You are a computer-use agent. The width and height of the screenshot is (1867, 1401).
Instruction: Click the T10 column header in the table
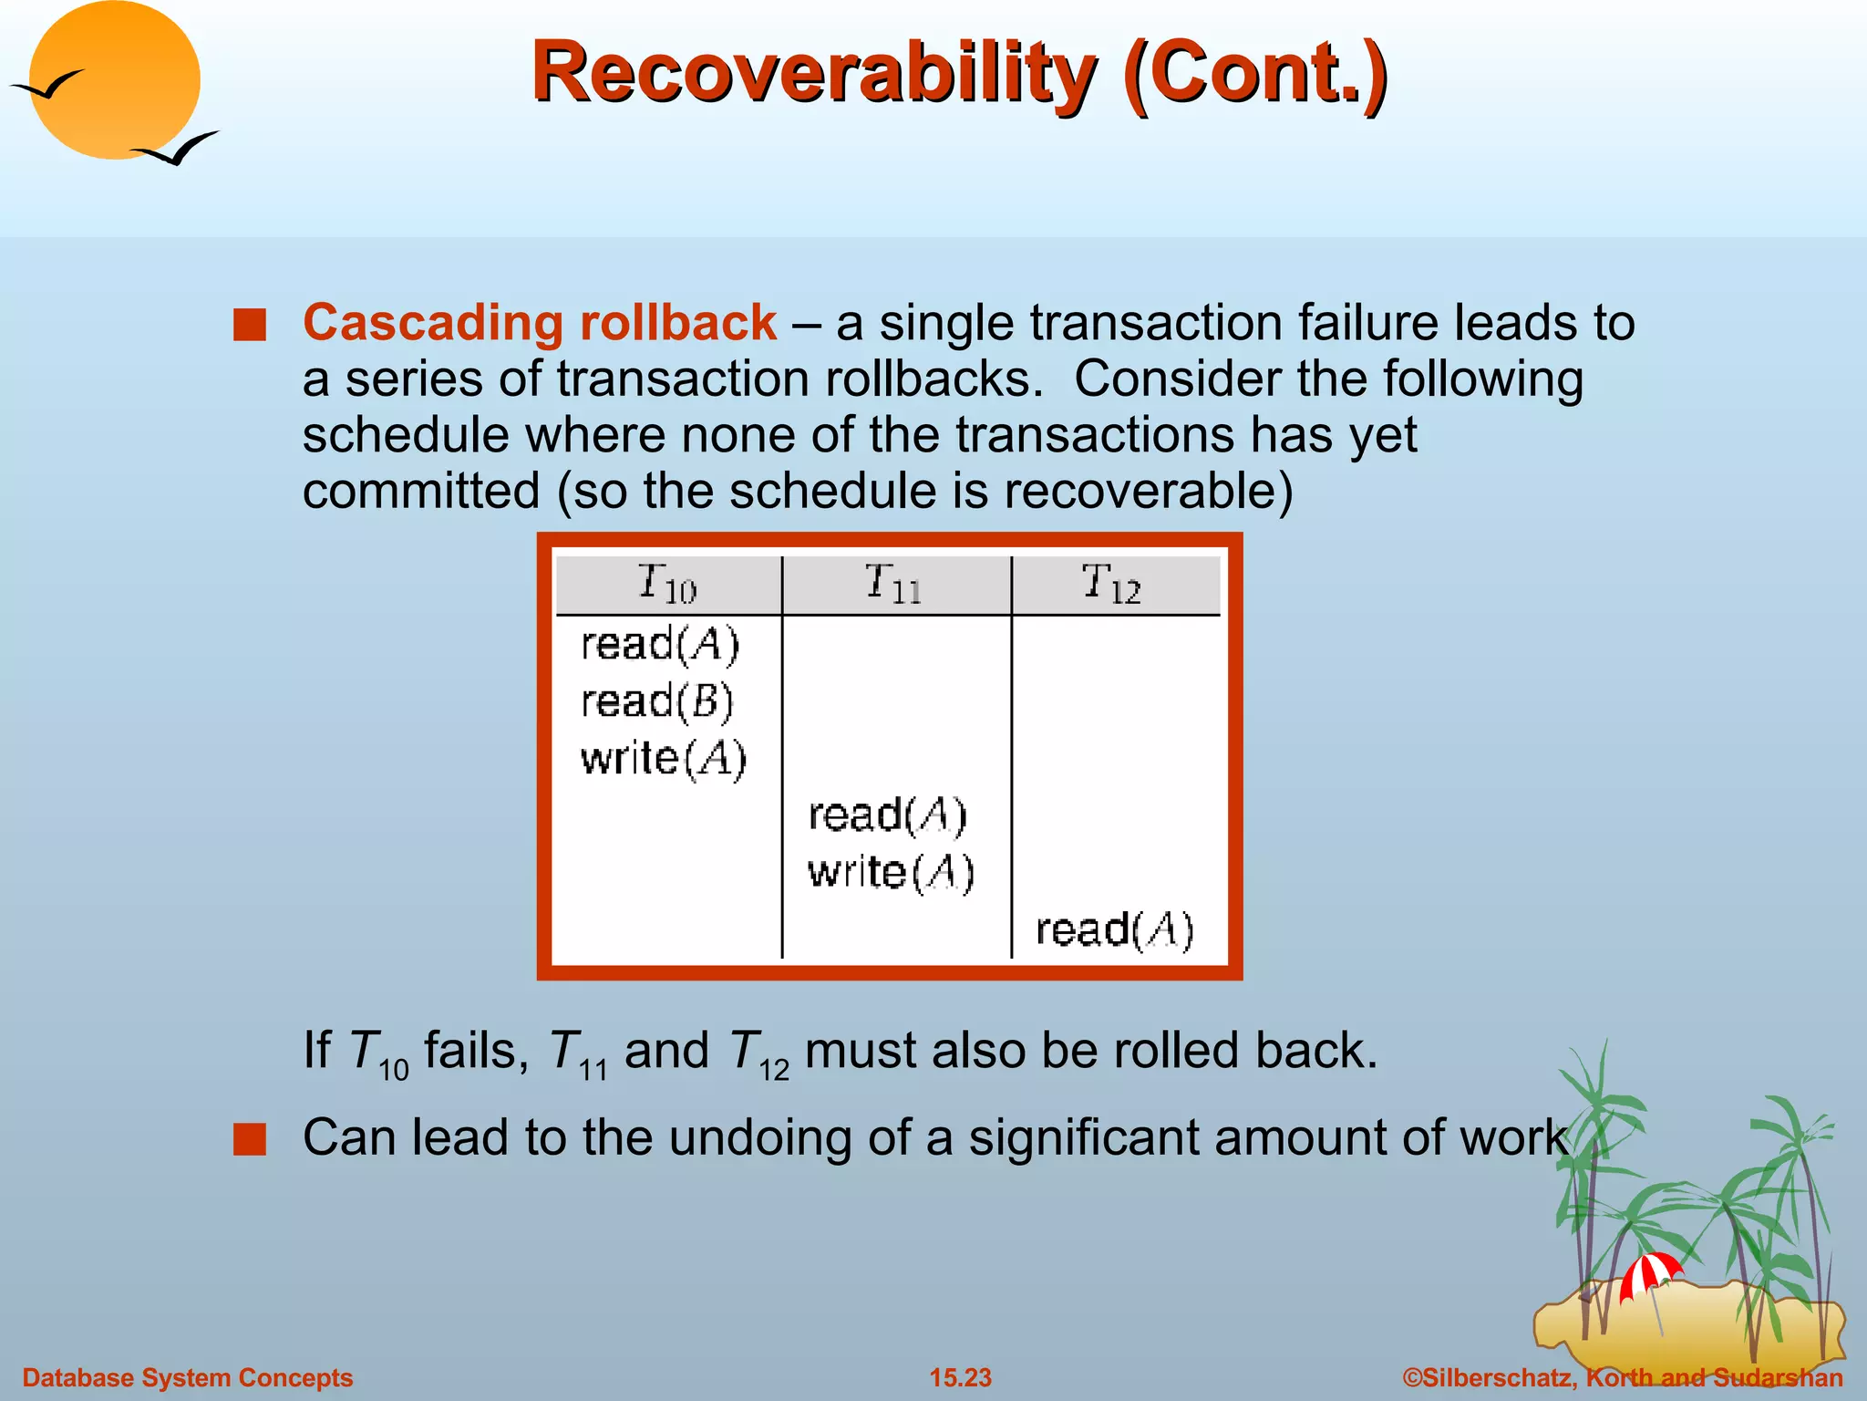(667, 584)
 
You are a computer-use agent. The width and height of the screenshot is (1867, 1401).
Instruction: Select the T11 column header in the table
(893, 584)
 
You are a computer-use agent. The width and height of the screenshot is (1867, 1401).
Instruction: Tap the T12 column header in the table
(1111, 584)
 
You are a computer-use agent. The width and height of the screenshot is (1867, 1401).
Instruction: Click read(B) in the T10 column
(657, 701)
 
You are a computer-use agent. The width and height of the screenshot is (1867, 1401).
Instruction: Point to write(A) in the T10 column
(664, 758)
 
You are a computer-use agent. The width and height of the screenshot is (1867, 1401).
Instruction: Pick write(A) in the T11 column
(891, 872)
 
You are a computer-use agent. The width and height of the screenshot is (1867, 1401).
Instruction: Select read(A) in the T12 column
(1114, 929)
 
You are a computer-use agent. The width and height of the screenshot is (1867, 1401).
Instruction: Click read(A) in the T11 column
(887, 815)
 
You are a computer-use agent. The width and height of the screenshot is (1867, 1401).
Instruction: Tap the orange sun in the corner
(114, 80)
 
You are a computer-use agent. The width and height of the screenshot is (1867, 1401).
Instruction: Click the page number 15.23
(960, 1377)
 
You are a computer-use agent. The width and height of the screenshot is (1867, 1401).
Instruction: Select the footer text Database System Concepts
(187, 1377)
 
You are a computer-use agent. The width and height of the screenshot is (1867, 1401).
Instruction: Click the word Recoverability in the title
(814, 73)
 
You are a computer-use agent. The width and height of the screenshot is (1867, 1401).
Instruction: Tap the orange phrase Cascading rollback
(540, 322)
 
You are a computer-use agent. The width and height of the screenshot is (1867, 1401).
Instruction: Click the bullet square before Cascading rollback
(249, 325)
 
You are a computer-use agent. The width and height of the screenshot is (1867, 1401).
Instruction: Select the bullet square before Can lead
(249, 1139)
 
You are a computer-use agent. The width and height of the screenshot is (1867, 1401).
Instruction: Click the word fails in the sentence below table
(476, 1050)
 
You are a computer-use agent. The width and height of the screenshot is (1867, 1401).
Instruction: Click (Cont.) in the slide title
(1255, 73)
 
